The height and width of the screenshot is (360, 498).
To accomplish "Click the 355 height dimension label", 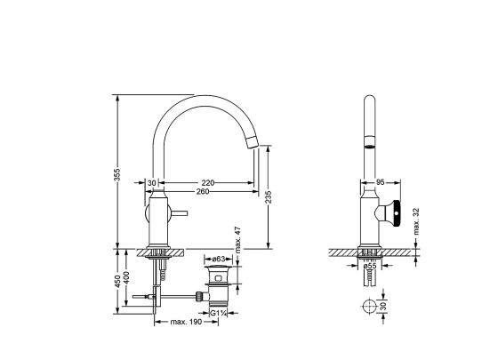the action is [x=117, y=174].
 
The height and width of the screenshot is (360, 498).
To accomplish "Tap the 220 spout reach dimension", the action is [x=208, y=183].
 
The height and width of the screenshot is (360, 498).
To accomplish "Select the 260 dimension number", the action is [x=203, y=191].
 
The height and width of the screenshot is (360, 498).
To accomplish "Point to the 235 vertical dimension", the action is [x=269, y=197].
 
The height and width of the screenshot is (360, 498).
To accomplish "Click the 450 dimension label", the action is [x=117, y=281].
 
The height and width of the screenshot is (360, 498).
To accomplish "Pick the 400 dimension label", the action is [x=126, y=278].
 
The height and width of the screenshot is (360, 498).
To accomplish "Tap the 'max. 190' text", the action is [x=186, y=322].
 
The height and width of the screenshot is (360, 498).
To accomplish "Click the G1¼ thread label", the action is [x=219, y=313].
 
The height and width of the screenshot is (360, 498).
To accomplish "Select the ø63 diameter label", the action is [x=219, y=259].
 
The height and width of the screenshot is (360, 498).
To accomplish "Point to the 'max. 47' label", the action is [x=238, y=240].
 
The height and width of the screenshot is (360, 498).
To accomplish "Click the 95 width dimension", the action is [x=381, y=182].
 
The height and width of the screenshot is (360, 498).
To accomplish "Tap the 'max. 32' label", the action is [x=417, y=221].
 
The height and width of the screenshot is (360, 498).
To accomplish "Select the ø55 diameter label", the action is [x=370, y=266].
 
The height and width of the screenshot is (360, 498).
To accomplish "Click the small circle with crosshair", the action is [x=369, y=307].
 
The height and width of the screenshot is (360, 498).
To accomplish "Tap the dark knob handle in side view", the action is [x=396, y=214].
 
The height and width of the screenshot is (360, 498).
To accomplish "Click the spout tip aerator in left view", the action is [x=253, y=141].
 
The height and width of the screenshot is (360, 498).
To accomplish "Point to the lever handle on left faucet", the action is [x=178, y=213].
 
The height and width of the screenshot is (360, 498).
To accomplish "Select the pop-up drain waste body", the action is [x=218, y=285].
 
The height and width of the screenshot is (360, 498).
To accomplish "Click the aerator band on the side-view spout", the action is [x=369, y=142].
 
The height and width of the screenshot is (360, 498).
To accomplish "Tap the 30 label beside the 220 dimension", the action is [x=152, y=183].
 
